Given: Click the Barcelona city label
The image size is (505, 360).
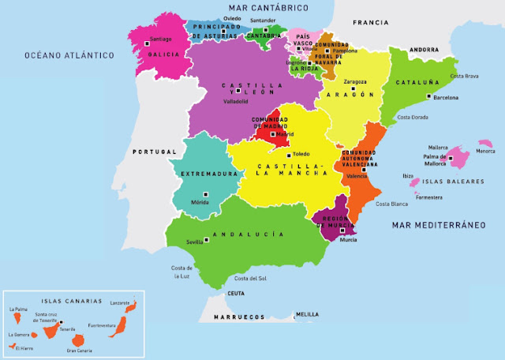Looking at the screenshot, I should tap(446, 99).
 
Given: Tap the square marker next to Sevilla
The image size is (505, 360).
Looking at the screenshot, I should tap(206, 239).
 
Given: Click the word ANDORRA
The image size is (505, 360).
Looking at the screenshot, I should tap(424, 49).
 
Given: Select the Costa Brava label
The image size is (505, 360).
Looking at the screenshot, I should tap(465, 77).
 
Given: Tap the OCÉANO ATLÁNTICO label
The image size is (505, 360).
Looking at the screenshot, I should tap(69, 55).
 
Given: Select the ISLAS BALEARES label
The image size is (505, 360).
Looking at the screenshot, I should tap(454, 182).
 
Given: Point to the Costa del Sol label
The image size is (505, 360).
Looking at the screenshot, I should tap(252, 278).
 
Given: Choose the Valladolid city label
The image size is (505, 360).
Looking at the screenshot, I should tap(235, 101).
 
